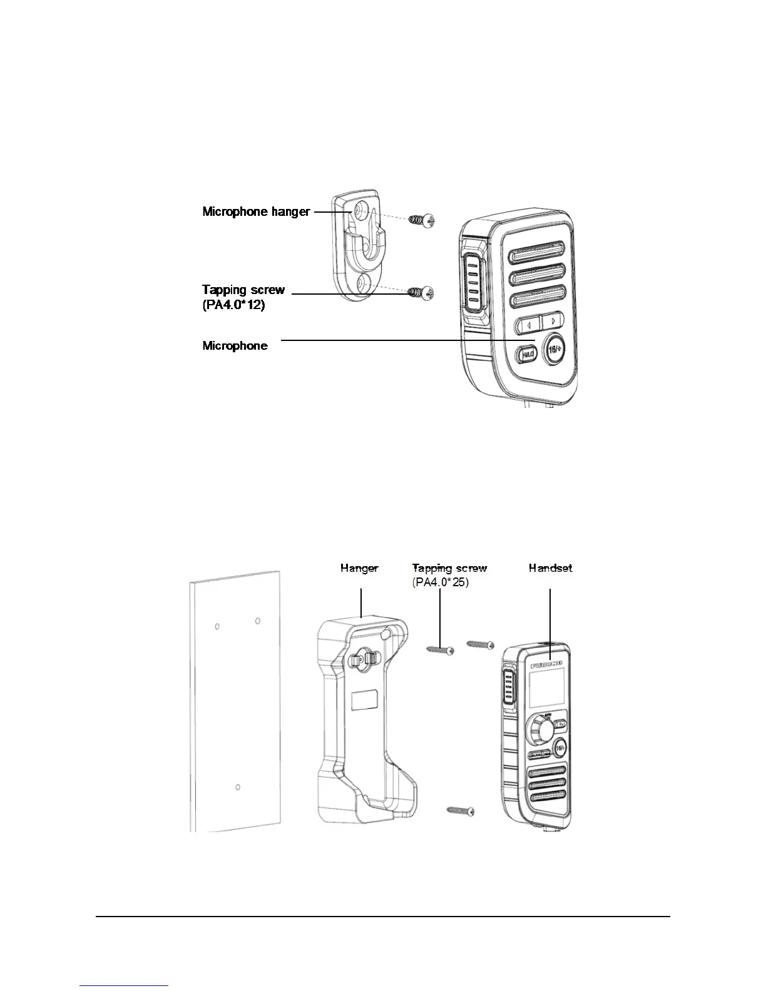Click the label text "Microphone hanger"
(256, 211)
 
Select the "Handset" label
(550, 568)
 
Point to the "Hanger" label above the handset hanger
(359, 568)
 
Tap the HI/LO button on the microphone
(526, 354)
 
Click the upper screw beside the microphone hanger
(422, 220)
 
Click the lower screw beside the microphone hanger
(422, 292)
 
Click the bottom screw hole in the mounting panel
(238, 787)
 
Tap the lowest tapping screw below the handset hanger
(461, 811)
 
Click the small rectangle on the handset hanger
(365, 701)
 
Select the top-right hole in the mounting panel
(257, 621)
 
